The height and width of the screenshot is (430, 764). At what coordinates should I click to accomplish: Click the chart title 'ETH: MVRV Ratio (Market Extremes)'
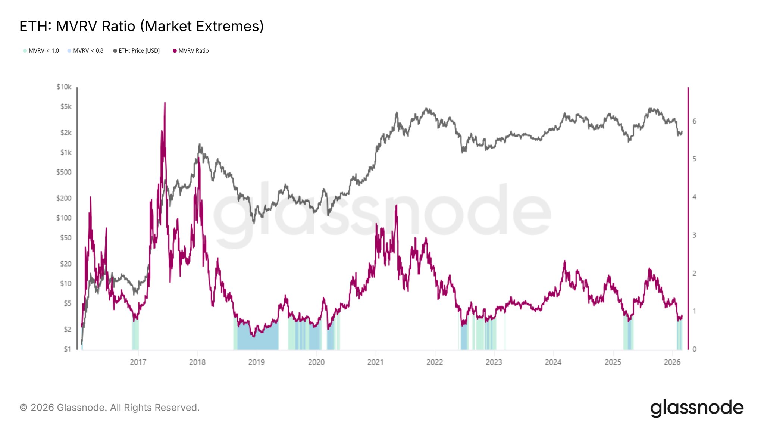141,26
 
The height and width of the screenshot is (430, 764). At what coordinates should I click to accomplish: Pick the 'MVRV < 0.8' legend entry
85,51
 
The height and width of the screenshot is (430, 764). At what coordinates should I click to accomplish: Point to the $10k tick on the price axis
64,87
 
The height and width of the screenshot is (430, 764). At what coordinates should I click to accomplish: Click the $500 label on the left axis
64,172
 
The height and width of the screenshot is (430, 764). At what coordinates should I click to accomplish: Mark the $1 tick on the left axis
67,349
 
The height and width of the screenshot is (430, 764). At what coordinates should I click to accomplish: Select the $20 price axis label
66,264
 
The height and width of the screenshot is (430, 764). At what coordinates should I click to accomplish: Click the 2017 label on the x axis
138,362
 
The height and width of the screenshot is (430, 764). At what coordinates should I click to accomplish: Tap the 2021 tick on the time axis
375,362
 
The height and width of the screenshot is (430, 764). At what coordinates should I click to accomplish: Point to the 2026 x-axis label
672,362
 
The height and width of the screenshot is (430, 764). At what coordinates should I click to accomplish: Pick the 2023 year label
494,362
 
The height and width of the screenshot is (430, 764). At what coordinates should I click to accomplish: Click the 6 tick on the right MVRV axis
694,121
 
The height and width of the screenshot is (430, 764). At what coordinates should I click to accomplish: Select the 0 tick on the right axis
694,349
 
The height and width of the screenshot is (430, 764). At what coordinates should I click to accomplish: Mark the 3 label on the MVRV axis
694,235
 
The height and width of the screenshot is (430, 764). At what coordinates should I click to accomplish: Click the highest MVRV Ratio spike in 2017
165,103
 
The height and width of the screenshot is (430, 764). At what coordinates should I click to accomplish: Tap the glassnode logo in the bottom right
697,408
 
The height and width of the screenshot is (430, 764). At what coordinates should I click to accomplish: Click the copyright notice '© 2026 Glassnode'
109,408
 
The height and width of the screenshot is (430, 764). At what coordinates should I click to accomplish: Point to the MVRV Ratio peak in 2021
396,206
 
